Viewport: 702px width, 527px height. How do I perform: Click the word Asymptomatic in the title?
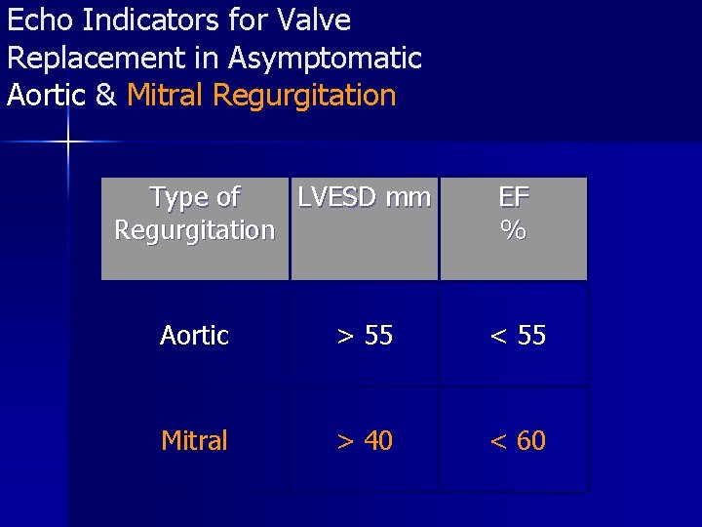coord(325,58)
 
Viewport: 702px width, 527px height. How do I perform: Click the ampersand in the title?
coord(107,96)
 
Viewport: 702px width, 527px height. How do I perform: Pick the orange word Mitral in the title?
coord(166,96)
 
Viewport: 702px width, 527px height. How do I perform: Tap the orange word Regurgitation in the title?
coord(304,96)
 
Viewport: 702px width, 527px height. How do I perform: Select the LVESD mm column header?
coord(364,198)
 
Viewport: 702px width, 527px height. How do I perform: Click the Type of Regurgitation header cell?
coord(194,214)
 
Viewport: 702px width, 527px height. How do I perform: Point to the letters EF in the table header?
coord(514,198)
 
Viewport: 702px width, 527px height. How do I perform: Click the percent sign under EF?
coord(514,231)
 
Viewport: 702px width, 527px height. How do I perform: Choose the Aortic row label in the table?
coord(194,336)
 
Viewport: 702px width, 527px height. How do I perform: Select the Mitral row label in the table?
coord(194,441)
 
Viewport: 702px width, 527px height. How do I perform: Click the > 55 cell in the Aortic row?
coord(365,336)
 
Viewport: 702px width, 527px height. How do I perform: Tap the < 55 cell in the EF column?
coord(518,336)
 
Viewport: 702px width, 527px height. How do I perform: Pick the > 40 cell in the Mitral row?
coord(365,441)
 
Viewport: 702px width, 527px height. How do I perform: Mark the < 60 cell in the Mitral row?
coord(518,441)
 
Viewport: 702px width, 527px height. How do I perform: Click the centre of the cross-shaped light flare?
coord(68,142)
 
